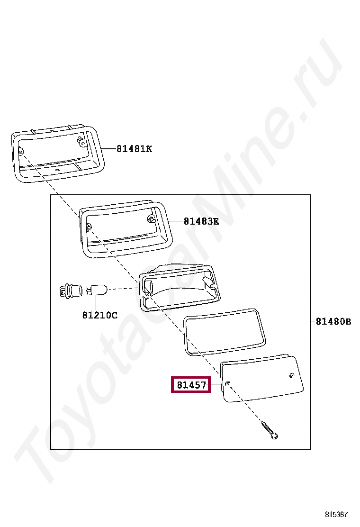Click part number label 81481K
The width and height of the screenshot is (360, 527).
pyautogui.click(x=134, y=148)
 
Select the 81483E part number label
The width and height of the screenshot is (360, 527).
pyautogui.click(x=201, y=221)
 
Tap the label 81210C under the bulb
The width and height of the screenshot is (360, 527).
pyautogui.click(x=100, y=315)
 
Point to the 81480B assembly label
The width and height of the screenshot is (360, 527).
pyautogui.click(x=333, y=322)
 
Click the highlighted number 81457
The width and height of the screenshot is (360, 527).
pyautogui.click(x=191, y=385)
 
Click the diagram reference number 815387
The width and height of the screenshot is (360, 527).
pyautogui.click(x=336, y=514)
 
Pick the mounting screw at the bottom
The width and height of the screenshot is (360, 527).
pyautogui.click(x=270, y=430)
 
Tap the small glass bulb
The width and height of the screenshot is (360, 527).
pyautogui.click(x=97, y=290)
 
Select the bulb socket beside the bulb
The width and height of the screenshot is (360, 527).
pyautogui.click(x=71, y=290)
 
